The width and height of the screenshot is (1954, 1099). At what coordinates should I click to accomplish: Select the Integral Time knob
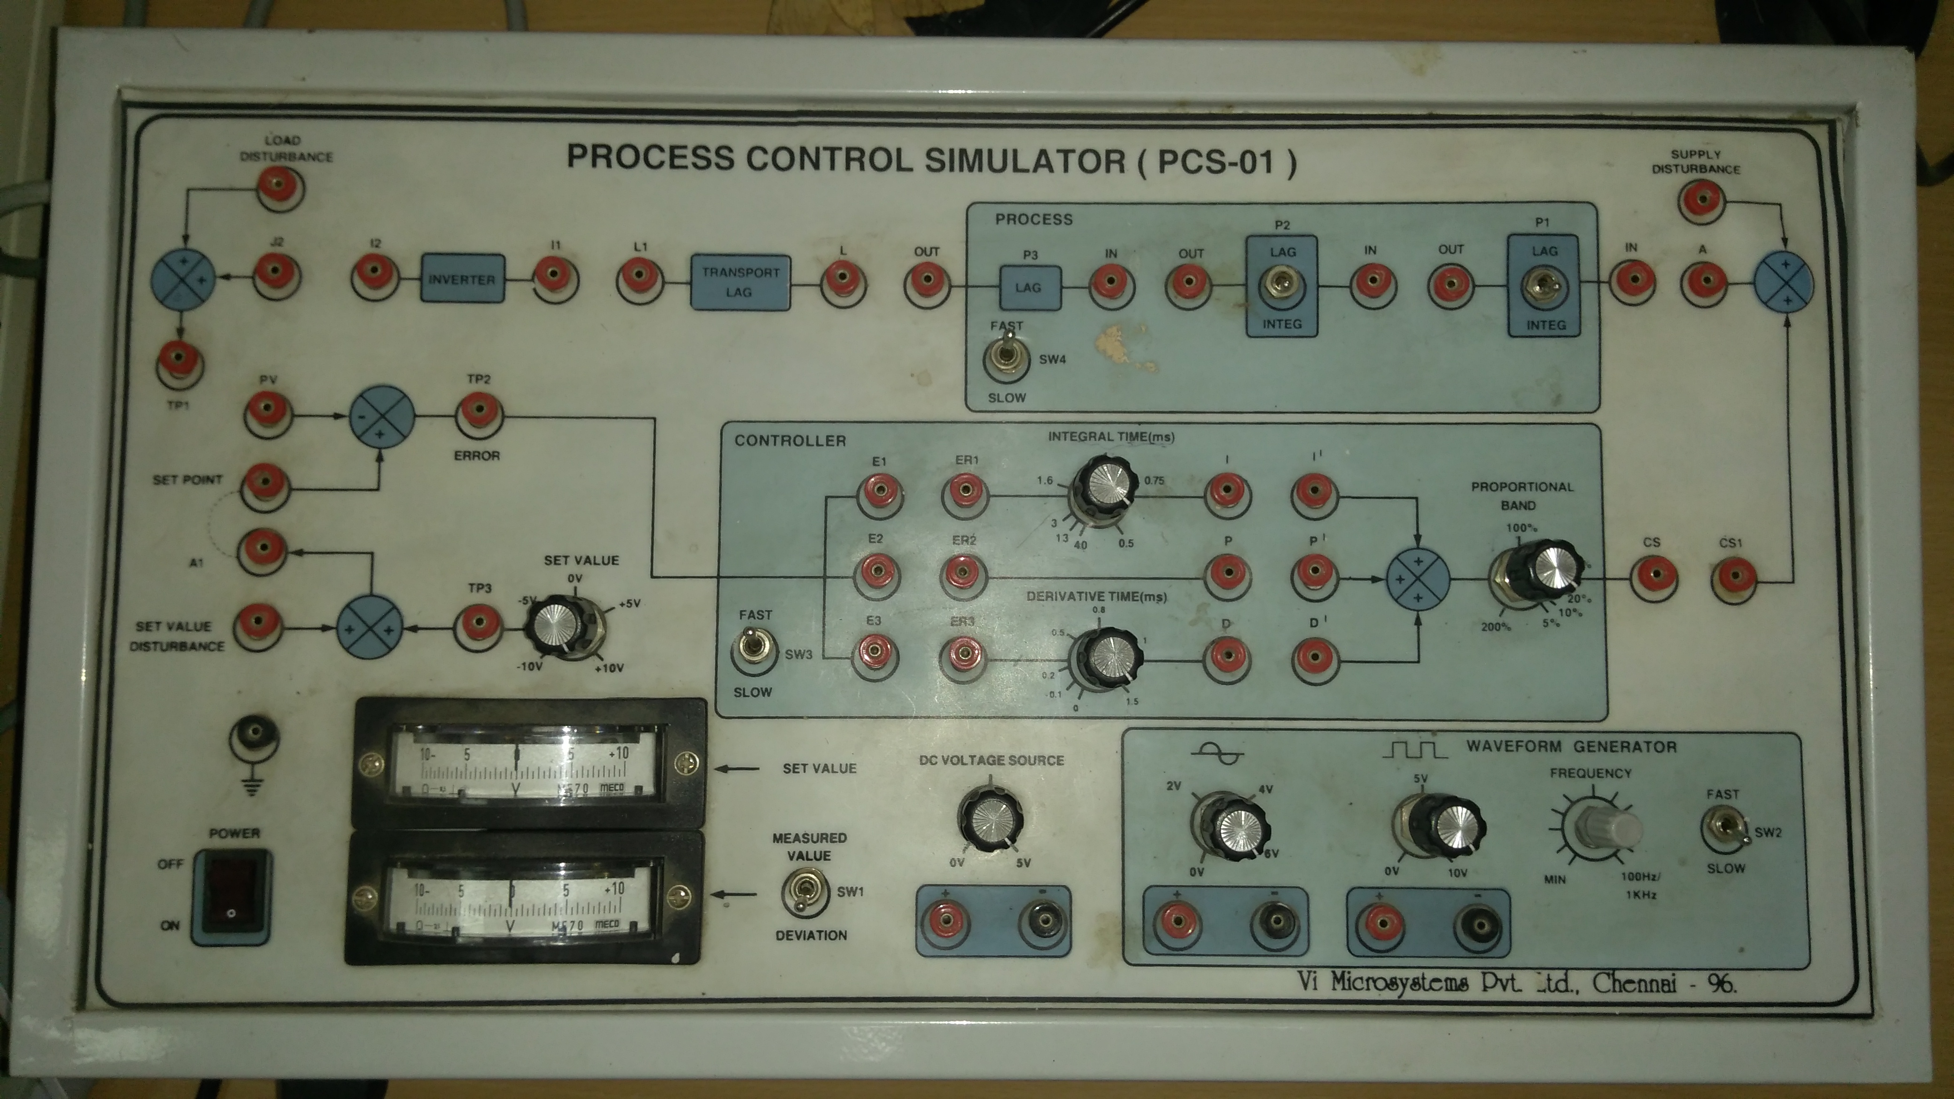click(1104, 486)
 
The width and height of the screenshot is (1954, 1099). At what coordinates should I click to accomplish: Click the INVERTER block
click(462, 279)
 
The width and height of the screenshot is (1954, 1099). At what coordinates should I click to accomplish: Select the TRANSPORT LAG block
click(740, 282)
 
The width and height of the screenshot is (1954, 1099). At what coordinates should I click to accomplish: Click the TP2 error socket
click(479, 413)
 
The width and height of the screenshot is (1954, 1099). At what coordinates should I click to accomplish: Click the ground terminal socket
click(254, 734)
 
